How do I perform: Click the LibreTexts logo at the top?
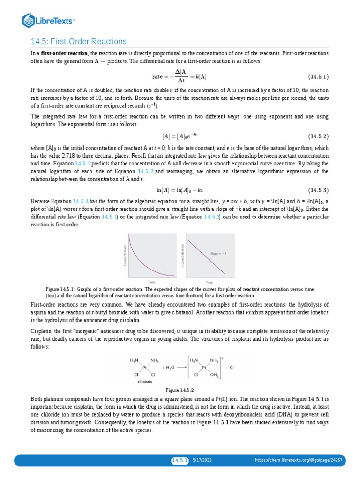click(x=49, y=20)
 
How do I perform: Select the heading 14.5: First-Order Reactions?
click(x=78, y=42)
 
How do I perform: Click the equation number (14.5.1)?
click(x=318, y=76)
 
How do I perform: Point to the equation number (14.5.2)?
click(x=318, y=136)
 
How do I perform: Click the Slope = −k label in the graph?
click(x=219, y=253)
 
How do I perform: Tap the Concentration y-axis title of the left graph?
click(x=125, y=256)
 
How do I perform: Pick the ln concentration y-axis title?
click(x=182, y=256)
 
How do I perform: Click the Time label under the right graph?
click(x=209, y=283)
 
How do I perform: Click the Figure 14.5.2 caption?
click(x=180, y=390)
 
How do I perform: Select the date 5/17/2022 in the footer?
click(x=202, y=460)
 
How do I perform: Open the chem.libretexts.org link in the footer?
click(x=298, y=460)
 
